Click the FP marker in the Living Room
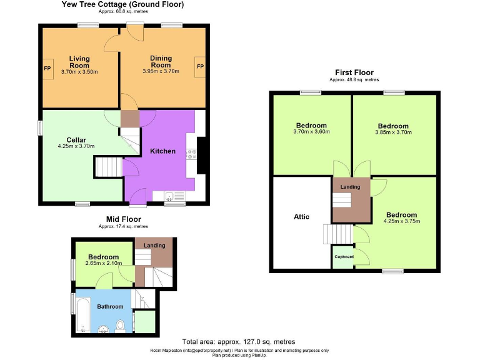tap(47, 68)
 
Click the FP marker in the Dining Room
tap(200, 66)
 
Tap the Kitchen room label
tap(162, 151)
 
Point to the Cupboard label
tap(344, 257)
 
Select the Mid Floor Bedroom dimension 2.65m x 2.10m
tap(103, 264)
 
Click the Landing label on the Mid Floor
tap(154, 245)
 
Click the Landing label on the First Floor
tap(350, 187)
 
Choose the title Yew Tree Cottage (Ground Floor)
tap(122, 4)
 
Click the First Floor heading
tap(354, 72)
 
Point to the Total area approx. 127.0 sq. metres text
tap(239, 342)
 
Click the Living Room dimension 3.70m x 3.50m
tap(79, 72)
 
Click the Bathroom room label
tap(110, 307)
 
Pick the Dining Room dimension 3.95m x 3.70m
tap(161, 71)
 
